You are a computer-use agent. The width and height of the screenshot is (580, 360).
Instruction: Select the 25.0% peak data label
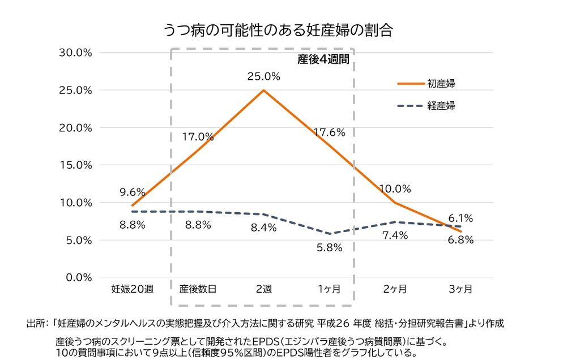coord(263,76)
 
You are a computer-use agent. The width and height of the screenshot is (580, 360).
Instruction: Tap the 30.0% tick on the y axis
coord(75,53)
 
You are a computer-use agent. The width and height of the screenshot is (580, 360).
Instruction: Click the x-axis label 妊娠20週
coord(132,290)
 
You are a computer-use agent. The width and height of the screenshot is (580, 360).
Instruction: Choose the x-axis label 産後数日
coord(198,290)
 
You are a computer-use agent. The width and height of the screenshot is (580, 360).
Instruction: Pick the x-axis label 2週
coord(263,290)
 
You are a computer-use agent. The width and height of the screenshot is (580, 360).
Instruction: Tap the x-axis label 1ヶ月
coord(329,290)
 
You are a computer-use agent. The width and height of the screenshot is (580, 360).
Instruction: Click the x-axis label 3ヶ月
coord(460,290)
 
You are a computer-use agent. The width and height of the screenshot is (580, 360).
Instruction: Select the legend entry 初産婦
coord(441,84)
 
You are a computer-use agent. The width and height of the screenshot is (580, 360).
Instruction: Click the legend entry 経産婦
coord(441,106)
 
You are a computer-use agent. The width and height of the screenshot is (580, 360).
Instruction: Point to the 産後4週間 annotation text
coord(323,59)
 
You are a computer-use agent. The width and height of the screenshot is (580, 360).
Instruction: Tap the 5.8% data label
coord(329,247)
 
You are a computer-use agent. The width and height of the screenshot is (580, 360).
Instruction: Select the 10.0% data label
coord(395,189)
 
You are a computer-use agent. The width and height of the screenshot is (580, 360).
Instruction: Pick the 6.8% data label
coord(460,239)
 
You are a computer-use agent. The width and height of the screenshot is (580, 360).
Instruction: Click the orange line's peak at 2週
coord(263,90)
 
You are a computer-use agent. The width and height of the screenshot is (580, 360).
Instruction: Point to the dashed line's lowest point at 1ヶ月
coord(329,234)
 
